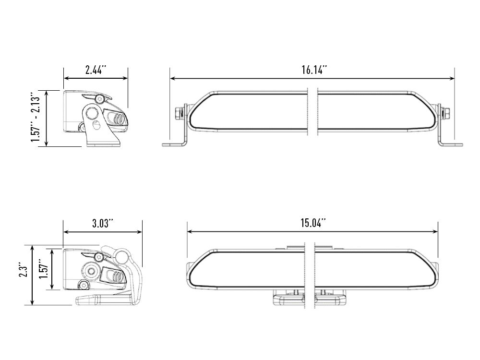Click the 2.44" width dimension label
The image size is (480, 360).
point(96,70)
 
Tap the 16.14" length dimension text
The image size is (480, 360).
point(314,70)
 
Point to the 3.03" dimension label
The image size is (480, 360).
point(102,223)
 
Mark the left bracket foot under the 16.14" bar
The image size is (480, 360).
point(173,144)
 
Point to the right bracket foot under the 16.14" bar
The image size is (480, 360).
point(451,144)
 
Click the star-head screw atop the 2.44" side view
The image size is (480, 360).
point(99,99)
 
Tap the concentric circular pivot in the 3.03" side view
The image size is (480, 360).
point(90,271)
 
